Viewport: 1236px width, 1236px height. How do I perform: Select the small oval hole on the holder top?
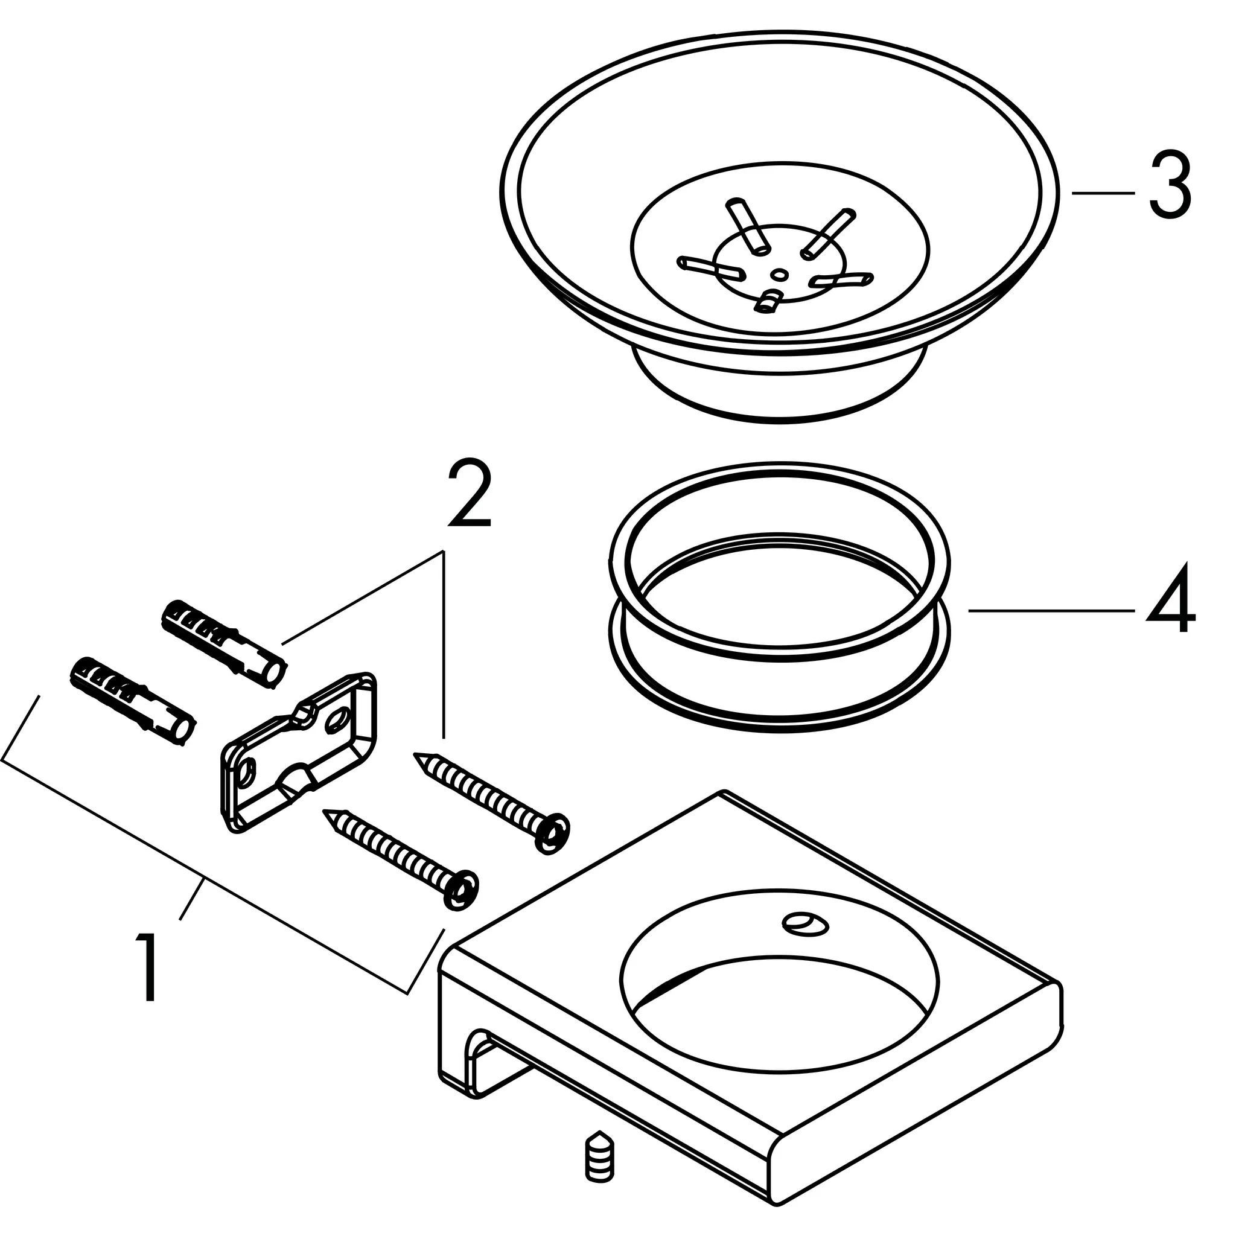806,924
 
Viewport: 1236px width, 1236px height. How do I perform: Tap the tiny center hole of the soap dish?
779,275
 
